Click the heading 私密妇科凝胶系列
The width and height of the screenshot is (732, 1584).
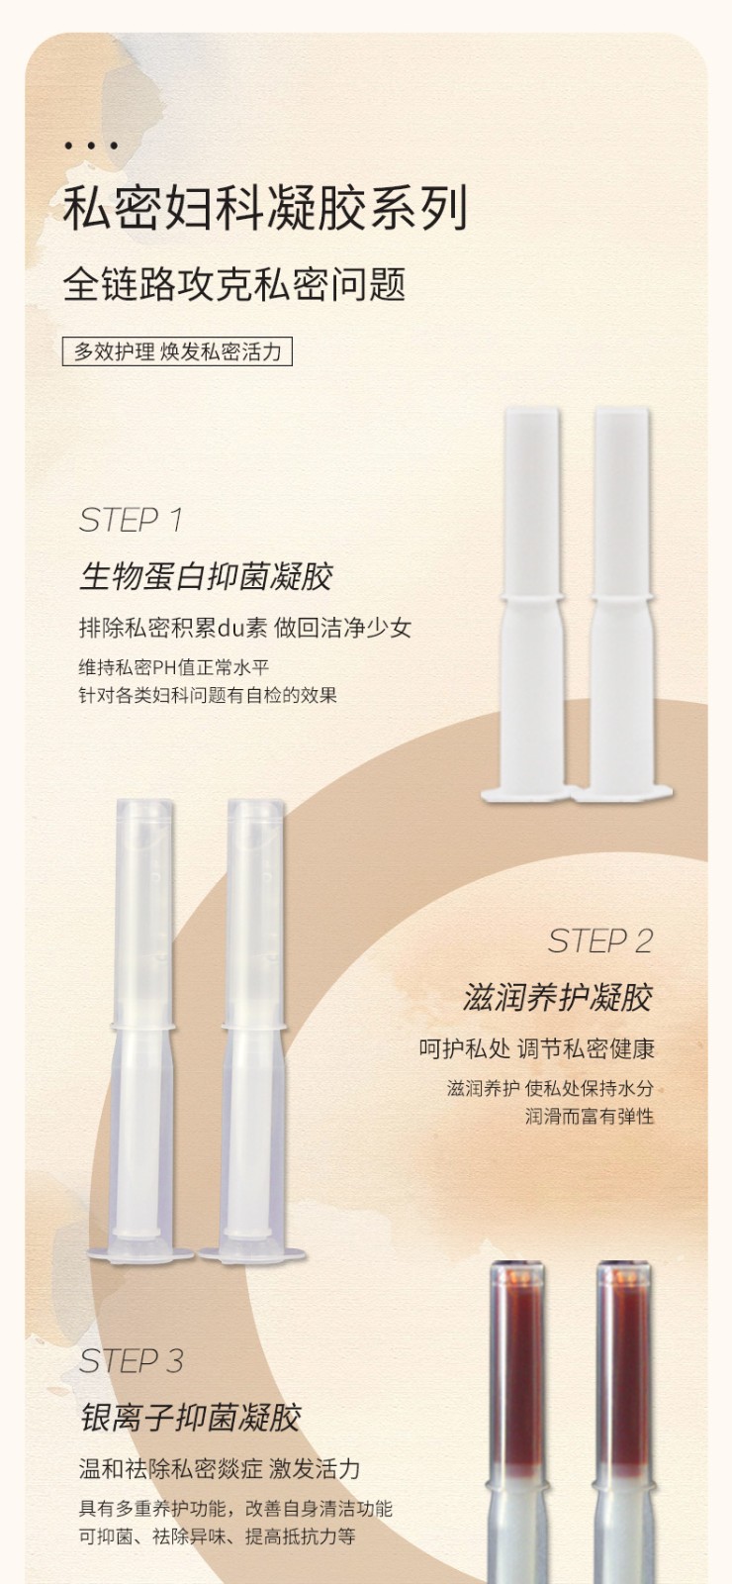266,209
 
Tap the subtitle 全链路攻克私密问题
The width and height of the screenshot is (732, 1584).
234,284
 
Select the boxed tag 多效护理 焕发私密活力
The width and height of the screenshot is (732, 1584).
177,351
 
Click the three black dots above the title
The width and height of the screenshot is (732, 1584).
90,147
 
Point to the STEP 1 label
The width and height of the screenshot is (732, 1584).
131,521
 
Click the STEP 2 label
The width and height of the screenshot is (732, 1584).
599,941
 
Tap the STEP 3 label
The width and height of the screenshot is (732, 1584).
132,1361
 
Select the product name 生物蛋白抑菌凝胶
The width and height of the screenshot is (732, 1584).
206,576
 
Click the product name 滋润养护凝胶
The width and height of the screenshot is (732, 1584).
558,997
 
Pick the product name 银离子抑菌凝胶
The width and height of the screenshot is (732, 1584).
190,1417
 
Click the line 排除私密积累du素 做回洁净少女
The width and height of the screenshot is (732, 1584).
245,628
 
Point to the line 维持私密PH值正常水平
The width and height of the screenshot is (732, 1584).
174,667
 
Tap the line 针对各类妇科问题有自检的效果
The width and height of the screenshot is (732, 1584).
208,694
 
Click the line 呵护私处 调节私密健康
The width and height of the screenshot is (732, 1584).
536,1048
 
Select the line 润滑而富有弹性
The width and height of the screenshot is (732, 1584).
590,1117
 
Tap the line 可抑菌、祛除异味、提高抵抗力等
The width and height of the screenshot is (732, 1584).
217,1536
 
